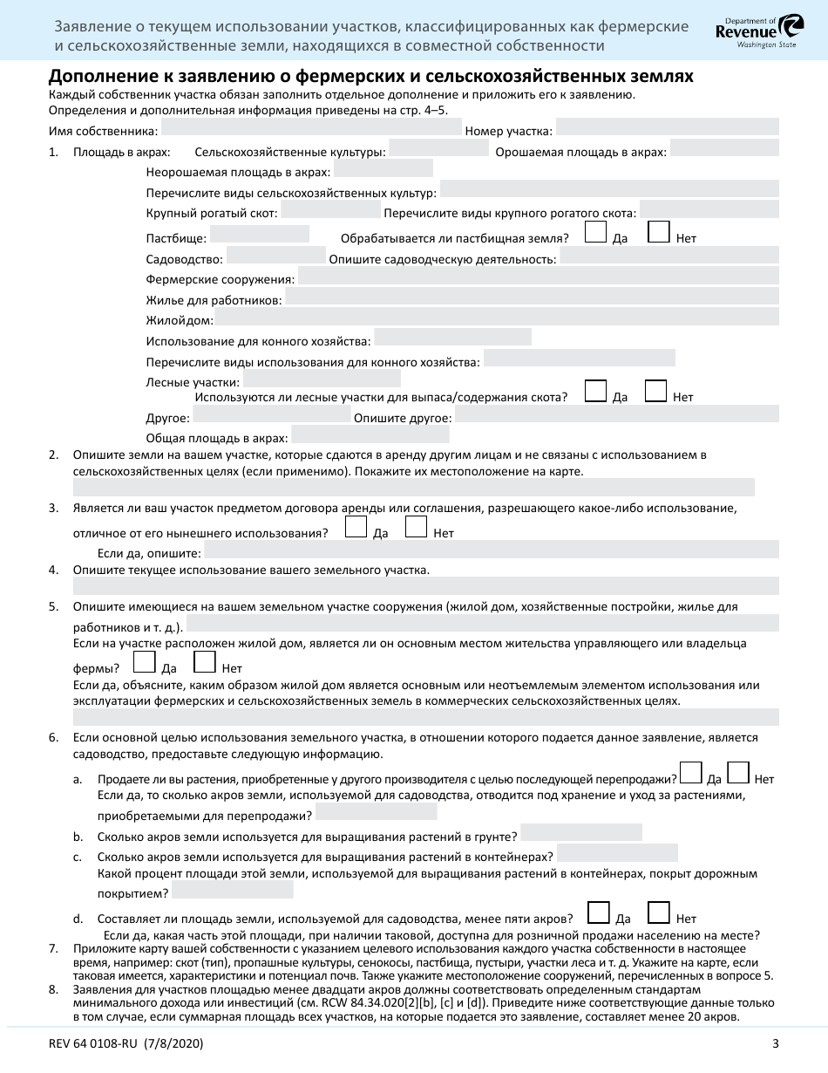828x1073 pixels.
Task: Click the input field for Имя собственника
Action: tap(311, 128)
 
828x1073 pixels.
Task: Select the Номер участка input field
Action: tap(667, 128)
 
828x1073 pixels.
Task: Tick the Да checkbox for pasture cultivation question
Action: tap(596, 231)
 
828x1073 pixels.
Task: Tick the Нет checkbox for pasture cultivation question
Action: tap(660, 231)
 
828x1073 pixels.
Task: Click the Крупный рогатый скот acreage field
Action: tap(330, 210)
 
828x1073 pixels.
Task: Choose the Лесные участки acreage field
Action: tap(322, 379)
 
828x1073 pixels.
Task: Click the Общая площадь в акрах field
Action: tap(370, 434)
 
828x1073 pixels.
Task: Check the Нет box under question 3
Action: tap(417, 527)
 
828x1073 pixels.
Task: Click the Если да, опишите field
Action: tap(492, 550)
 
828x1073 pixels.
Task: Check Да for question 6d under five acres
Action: tap(599, 912)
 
